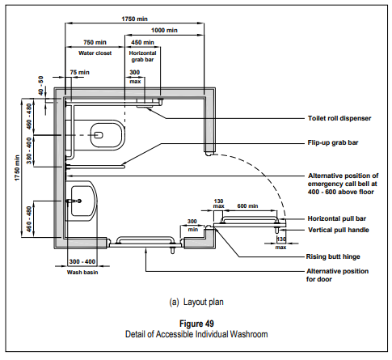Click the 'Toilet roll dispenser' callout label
tap(339, 118)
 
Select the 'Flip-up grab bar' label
tap(333, 142)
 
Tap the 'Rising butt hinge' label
tap(333, 256)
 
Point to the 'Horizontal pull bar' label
tap(337, 218)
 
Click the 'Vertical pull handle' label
tap(339, 230)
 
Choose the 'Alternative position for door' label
tap(337, 275)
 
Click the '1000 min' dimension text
tap(164, 30)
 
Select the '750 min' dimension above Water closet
tap(95, 42)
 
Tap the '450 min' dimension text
tap(142, 42)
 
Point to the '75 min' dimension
tap(79, 72)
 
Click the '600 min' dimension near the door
tap(247, 206)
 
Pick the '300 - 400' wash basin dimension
tap(82, 261)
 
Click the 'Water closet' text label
tap(95, 53)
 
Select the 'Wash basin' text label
tap(82, 273)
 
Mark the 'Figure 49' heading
tap(196, 324)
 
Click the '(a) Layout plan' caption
tap(196, 302)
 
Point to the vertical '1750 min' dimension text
tap(18, 167)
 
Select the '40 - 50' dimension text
tap(41, 86)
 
